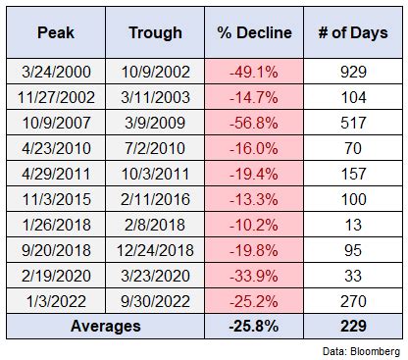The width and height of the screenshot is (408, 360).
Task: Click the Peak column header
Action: (55, 31)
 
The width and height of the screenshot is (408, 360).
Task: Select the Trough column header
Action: (155, 31)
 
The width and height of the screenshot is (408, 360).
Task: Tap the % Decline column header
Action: (254, 31)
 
